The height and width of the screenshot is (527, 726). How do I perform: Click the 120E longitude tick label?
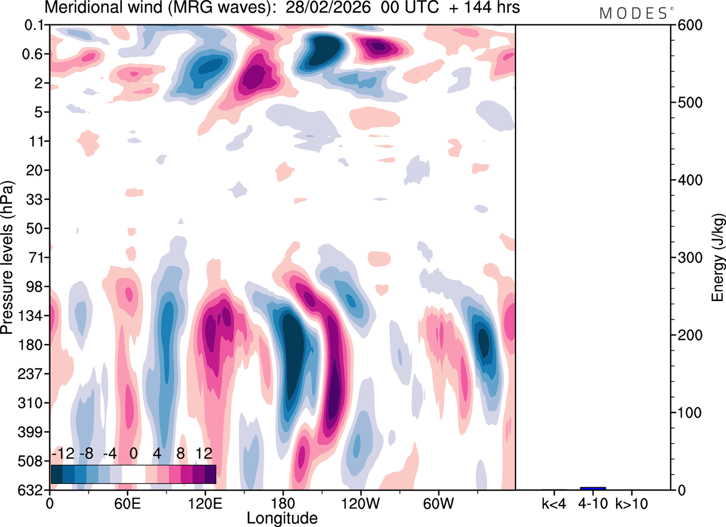pos(204,502)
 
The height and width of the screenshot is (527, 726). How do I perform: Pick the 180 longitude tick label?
pos(282,502)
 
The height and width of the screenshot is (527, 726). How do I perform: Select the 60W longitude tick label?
pos(437,502)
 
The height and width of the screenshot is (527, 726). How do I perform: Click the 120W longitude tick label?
pos(360,502)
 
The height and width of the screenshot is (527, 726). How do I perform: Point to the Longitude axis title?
pos(282,517)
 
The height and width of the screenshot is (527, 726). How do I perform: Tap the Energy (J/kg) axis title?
pos(718,258)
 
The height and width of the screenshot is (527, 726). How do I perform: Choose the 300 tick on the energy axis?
pos(687,258)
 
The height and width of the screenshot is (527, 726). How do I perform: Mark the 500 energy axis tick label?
pos(687,103)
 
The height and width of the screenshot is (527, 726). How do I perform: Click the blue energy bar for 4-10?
pos(593,488)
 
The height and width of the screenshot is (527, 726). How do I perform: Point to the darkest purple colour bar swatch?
pos(210,474)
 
